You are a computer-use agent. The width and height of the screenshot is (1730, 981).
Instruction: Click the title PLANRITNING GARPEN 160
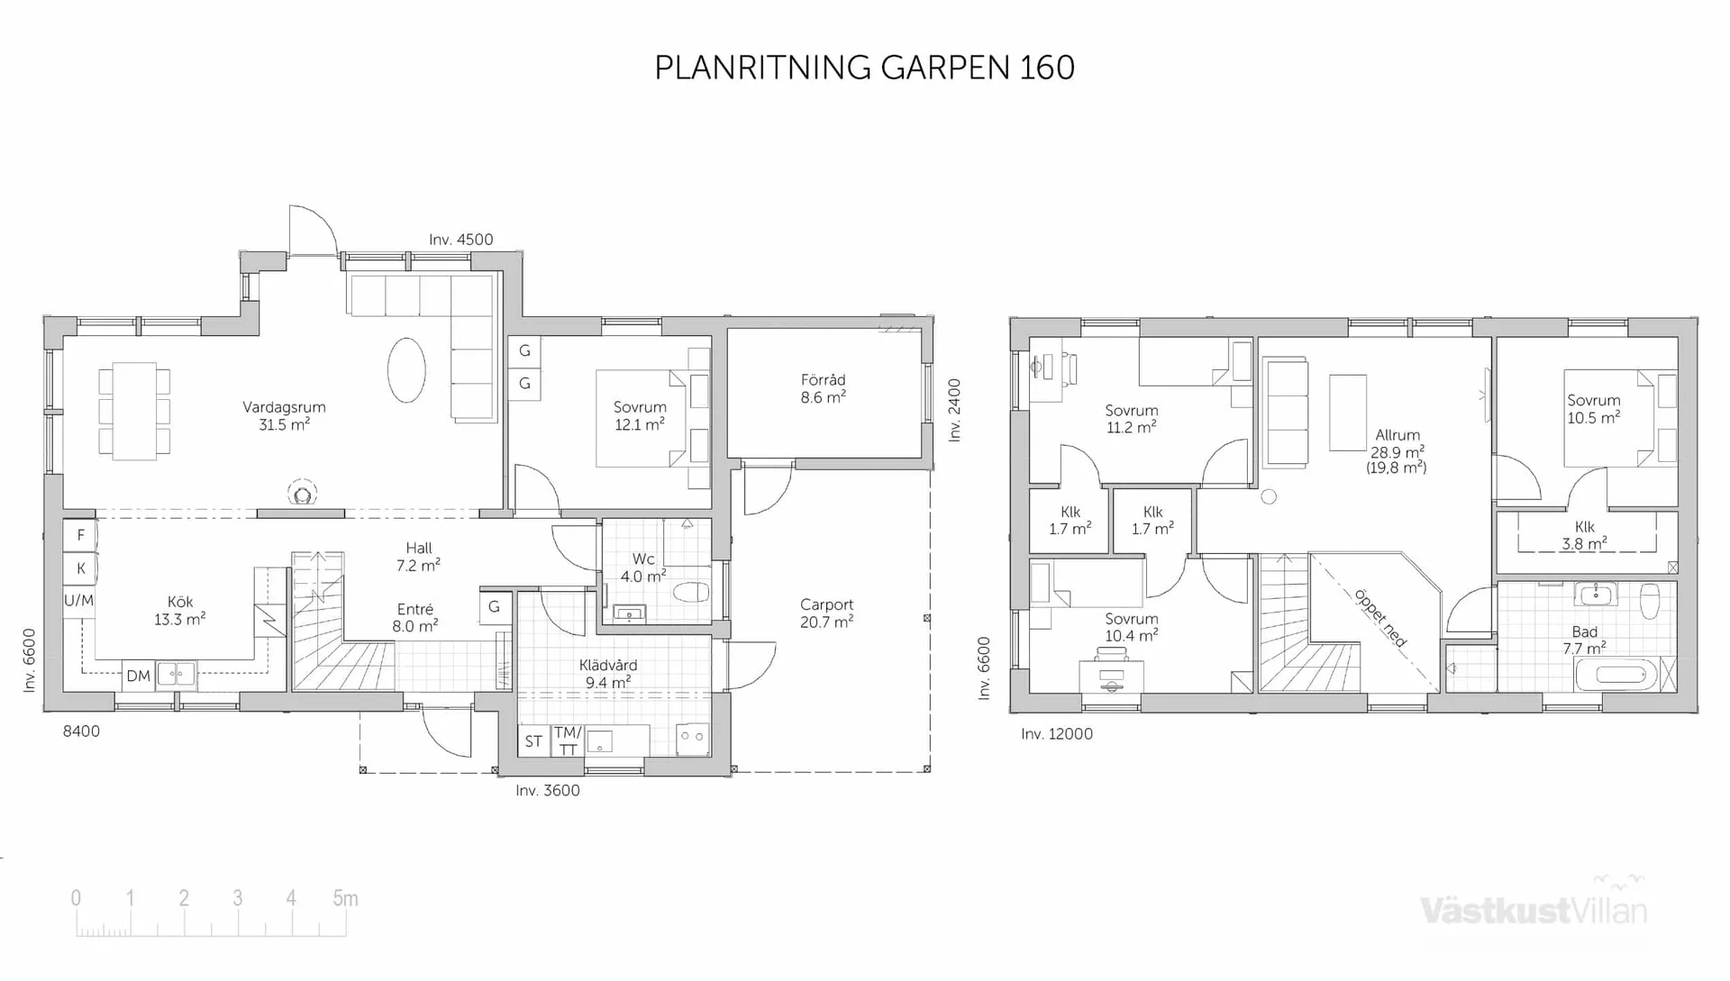[x=864, y=68]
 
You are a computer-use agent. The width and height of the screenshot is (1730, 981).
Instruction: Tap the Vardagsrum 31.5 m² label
[x=284, y=415]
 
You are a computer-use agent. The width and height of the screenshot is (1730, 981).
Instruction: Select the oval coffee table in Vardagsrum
[x=406, y=369]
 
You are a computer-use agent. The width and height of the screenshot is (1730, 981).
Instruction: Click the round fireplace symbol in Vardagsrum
[x=302, y=495]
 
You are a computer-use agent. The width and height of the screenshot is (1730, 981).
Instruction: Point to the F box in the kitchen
[x=80, y=535]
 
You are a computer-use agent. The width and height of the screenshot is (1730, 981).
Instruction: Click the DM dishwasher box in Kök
[x=138, y=676]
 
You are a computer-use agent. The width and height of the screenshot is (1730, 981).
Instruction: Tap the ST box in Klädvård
[x=533, y=741]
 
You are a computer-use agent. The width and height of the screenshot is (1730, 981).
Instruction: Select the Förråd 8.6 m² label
[x=823, y=388]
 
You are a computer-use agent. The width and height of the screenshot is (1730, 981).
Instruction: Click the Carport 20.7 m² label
[x=826, y=613]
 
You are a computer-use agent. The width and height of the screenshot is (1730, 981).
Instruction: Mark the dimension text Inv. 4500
[x=460, y=240]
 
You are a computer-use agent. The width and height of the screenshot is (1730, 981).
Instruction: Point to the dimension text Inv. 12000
[x=1056, y=734]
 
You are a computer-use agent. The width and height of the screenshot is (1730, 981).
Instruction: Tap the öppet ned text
[x=1379, y=618]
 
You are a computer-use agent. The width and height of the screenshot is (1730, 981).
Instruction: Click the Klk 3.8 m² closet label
[x=1584, y=535]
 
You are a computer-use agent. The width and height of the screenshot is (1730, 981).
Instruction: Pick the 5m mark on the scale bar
[x=344, y=898]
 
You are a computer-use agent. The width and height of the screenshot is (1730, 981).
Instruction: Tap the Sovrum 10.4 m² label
[x=1131, y=627]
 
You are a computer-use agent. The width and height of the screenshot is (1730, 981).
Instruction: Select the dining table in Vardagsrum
[x=134, y=411]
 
